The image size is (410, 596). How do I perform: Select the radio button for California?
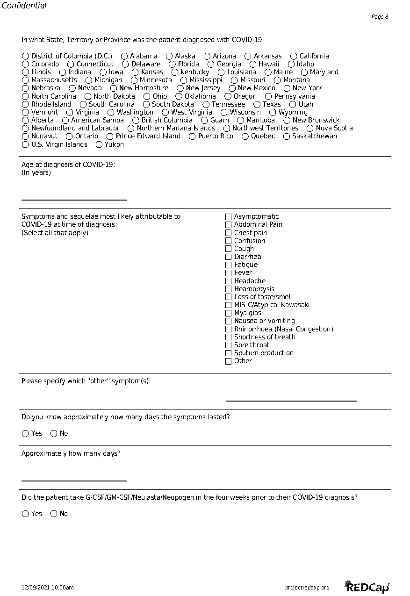(x=294, y=56)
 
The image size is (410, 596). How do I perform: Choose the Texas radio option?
(x=257, y=104)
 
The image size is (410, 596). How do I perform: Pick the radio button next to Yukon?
(x=99, y=144)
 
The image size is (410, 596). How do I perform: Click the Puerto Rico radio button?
(x=192, y=136)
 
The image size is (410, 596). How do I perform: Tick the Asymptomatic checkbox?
(x=229, y=217)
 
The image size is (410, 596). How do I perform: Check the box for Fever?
(x=229, y=273)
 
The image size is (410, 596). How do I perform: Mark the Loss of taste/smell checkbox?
(x=229, y=297)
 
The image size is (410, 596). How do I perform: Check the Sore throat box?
(x=229, y=345)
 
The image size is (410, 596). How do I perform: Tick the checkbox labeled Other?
(x=229, y=361)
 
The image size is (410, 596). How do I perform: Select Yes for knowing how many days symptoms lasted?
(x=26, y=434)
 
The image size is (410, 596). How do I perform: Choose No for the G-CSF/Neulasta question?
(x=54, y=514)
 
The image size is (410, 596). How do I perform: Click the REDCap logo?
(x=367, y=587)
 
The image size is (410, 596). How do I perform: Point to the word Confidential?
(x=24, y=6)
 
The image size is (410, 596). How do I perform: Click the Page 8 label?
(x=380, y=17)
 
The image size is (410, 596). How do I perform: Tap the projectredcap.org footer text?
(x=307, y=588)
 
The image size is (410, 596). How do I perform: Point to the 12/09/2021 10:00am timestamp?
(x=48, y=588)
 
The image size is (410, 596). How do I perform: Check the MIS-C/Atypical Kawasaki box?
(x=229, y=305)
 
